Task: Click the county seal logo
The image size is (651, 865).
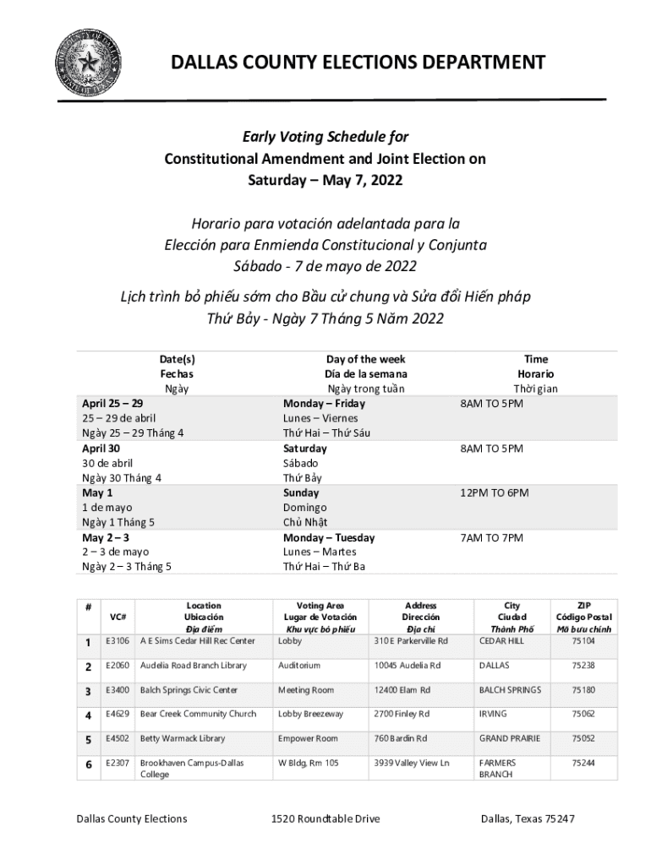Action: point(87,63)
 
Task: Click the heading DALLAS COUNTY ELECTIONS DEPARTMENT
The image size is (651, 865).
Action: point(358,63)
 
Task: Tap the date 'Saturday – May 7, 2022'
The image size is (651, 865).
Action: point(325,180)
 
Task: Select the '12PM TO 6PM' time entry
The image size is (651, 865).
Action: point(495,492)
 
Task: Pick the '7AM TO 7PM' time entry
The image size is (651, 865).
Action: point(491,537)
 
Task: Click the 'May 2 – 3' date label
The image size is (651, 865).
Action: point(106,537)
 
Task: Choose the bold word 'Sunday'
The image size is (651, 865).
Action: point(301,492)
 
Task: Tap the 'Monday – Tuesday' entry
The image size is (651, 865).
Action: point(329,537)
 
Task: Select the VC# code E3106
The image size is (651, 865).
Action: point(117,641)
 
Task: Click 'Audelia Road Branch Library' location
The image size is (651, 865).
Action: point(194,666)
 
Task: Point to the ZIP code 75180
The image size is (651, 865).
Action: point(583,690)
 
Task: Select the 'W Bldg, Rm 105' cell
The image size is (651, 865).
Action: point(309,763)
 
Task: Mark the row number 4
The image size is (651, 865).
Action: point(88,715)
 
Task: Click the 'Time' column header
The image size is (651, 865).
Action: point(535,359)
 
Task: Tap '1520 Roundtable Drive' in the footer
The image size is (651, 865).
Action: point(325,819)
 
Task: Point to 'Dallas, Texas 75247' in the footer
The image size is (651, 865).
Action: point(528,819)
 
